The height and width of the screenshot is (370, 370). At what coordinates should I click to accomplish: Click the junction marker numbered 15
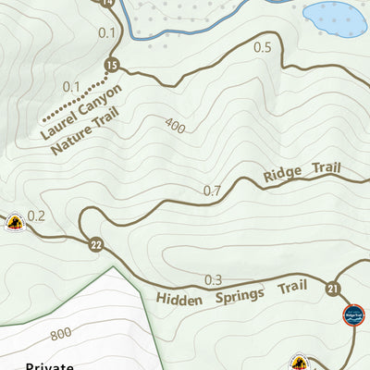(113, 65)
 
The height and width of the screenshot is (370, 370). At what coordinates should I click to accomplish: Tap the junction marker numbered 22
(96, 245)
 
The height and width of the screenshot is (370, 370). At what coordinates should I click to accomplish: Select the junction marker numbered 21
(333, 290)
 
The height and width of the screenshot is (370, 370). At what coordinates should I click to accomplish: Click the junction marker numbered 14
(108, 3)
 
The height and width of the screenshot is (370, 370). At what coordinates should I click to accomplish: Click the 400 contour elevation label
(176, 125)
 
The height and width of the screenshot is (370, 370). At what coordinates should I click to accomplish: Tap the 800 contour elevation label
(61, 334)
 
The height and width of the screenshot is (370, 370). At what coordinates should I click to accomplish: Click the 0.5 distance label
(262, 48)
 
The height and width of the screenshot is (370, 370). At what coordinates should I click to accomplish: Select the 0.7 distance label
(212, 191)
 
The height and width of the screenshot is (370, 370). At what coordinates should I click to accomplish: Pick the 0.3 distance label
(214, 279)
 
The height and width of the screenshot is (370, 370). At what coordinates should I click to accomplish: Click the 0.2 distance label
(36, 216)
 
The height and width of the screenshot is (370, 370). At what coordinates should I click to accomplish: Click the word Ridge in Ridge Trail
(283, 173)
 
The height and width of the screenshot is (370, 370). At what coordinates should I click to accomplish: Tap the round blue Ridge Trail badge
(354, 314)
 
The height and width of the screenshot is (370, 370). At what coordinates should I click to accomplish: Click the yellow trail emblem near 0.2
(14, 222)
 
